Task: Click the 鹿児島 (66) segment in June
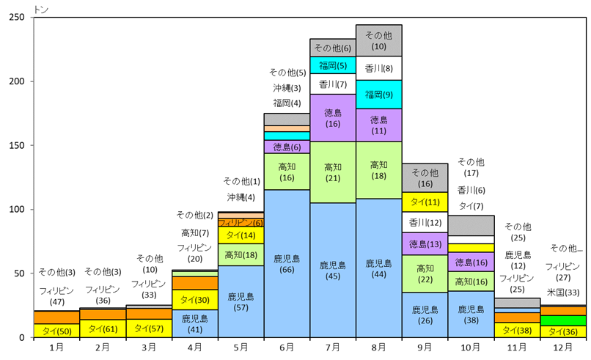click(287, 263)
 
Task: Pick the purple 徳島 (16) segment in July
click(332, 118)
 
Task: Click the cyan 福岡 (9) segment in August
click(378, 95)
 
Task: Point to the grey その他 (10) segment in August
click(378, 40)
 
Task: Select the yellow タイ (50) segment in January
click(57, 331)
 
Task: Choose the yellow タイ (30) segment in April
click(195, 299)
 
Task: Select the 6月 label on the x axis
click(287, 347)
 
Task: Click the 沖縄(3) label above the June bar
click(287, 88)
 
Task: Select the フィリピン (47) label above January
click(57, 295)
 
